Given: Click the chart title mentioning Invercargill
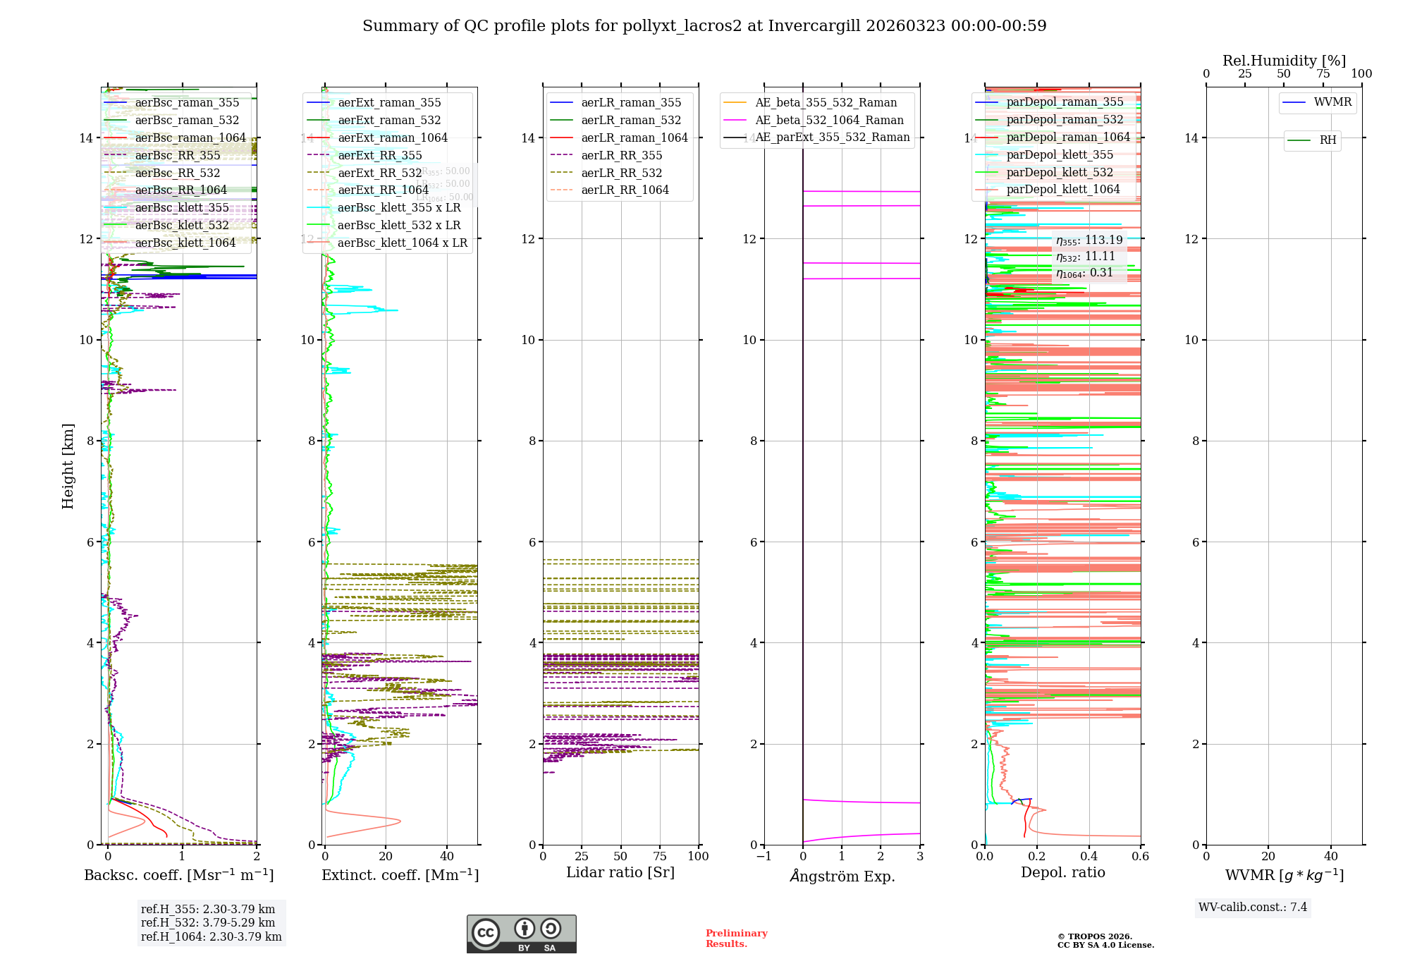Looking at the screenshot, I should pos(704,26).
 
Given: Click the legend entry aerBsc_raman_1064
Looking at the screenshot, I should pos(190,138).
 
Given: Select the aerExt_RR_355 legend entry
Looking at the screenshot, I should pos(379,156).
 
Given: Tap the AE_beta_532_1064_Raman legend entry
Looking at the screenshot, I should pos(829,121).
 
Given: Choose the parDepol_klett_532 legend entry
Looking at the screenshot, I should pos(1060,173).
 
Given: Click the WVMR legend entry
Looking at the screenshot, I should pos(1332,102).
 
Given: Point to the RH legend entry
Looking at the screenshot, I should pos(1328,140).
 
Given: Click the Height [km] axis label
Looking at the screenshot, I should pos(68,466).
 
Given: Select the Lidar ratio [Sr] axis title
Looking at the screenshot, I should pos(620,872).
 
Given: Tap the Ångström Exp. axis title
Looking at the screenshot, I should pos(842,876).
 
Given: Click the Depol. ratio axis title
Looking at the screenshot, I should pos(1062,872).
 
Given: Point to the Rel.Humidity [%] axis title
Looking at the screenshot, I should pos(1284,61).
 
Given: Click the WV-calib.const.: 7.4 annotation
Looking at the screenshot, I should pos(1252,908).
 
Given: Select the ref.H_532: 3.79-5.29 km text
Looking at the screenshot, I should pos(208,923).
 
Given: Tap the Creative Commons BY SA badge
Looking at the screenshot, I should pos(521,934).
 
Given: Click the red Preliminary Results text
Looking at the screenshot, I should pos(736,939).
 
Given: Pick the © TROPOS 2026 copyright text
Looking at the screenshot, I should pos(1094,936).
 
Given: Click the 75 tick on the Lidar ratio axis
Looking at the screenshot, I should pos(661,856).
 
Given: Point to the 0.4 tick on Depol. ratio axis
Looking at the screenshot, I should pos(1089,856).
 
